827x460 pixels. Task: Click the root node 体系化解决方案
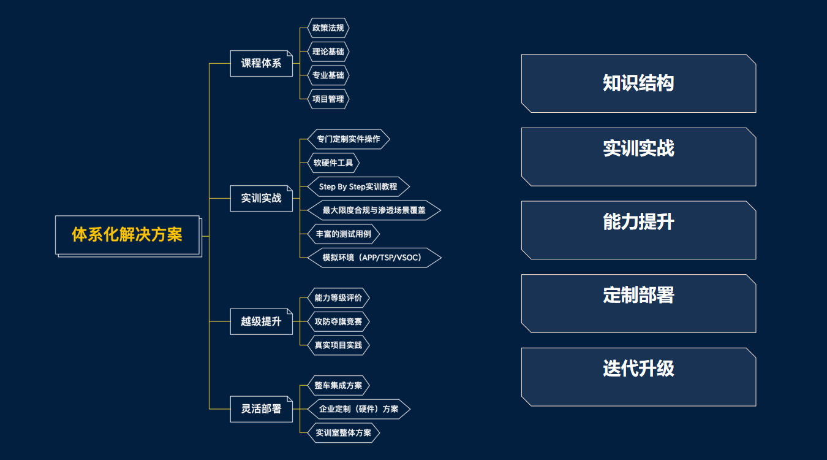127,234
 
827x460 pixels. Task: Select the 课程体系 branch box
262,63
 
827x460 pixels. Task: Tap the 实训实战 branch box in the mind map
262,198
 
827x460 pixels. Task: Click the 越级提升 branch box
262,321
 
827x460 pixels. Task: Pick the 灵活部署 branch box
262,409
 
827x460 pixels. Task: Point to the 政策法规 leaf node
328,28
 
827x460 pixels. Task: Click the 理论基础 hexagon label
328,52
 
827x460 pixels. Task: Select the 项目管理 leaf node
328,99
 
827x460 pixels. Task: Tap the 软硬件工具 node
333,163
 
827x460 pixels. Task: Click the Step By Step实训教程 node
358,186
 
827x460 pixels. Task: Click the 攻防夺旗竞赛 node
338,321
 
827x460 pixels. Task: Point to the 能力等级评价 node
338,298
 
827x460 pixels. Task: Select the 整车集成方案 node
338,386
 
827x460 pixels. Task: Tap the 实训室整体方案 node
343,432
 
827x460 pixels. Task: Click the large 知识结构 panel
638,83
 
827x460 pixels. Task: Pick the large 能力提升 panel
638,230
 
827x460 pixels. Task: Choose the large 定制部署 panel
638,304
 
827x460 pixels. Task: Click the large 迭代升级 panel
638,377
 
